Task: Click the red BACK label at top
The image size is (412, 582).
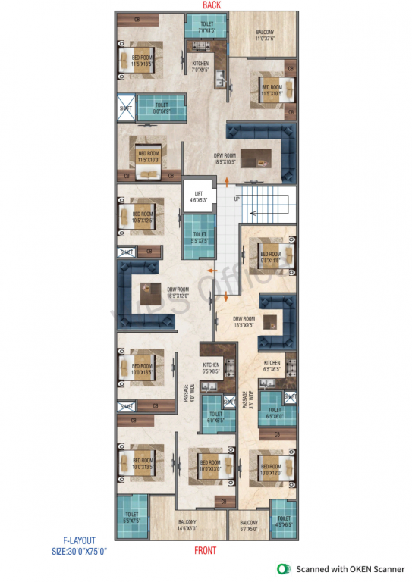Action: click(211, 5)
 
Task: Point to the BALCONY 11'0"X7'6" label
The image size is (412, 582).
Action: click(264, 35)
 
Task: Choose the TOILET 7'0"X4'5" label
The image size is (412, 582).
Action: click(207, 28)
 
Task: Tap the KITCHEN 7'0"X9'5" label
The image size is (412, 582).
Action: click(201, 65)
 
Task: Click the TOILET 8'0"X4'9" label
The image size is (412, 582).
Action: click(161, 109)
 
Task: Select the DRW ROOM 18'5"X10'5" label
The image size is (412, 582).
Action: click(225, 158)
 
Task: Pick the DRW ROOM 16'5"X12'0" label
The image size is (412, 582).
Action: click(178, 291)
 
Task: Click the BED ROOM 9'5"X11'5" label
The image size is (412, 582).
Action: click(270, 257)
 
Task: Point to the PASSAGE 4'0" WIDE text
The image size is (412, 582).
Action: click(185, 396)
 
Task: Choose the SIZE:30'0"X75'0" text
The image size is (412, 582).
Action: click(80, 552)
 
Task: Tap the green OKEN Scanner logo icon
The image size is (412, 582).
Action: click(284, 568)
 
